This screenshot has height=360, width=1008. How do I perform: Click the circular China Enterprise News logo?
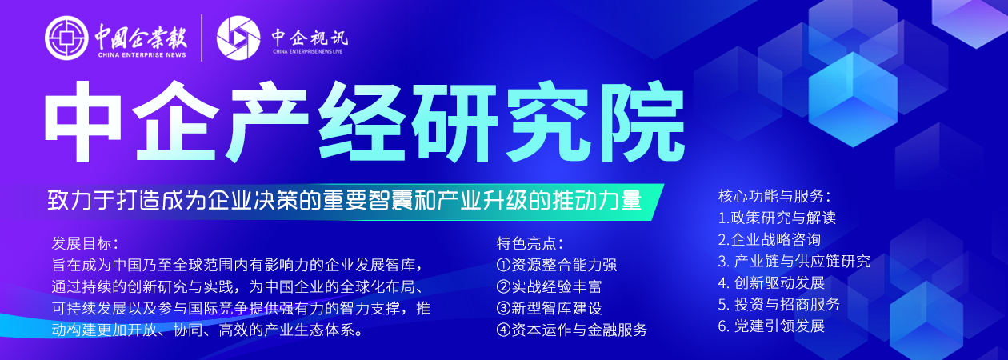(66, 38)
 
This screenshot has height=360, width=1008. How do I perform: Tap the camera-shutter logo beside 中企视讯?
(238, 38)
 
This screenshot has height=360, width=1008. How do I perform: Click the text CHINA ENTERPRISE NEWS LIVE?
(307, 52)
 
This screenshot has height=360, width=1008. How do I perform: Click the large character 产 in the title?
(266, 122)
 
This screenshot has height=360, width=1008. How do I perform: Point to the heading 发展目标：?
(85, 243)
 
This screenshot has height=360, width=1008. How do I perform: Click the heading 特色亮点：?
(530, 243)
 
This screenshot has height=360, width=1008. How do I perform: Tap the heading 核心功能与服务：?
(774, 196)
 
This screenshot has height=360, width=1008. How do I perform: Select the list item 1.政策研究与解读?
(777, 218)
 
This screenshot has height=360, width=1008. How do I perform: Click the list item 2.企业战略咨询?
(770, 239)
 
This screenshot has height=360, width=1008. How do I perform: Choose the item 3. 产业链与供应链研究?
(794, 261)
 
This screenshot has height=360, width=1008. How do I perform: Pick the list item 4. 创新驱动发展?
(771, 282)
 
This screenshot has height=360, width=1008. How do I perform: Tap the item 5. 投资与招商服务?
(779, 304)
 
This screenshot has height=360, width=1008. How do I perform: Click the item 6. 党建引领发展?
(771, 326)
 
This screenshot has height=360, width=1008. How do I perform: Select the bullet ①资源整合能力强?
(556, 265)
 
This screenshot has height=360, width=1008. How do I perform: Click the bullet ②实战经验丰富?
(549, 286)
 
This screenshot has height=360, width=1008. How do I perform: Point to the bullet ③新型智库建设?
(549, 308)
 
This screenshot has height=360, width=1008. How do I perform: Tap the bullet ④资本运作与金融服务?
(571, 330)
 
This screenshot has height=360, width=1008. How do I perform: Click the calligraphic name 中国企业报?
(141, 36)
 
